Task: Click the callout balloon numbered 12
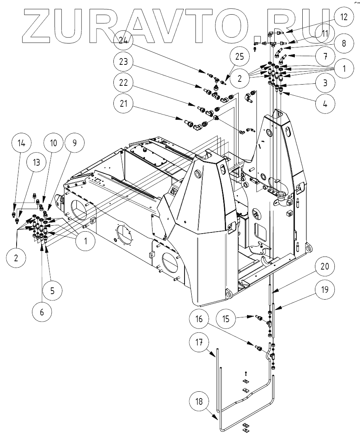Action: [x=341, y=17]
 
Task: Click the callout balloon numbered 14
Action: [x=22, y=143]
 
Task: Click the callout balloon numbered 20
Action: [x=325, y=266]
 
